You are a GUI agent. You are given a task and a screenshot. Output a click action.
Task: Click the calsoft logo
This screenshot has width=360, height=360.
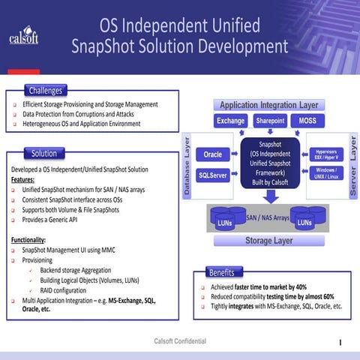tap(23, 37)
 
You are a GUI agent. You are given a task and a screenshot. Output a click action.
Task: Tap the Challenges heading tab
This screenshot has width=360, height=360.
tap(45, 91)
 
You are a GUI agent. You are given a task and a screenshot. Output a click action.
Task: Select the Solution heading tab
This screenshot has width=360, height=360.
tap(44, 153)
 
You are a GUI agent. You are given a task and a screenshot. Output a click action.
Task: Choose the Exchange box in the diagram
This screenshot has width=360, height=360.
tap(231, 121)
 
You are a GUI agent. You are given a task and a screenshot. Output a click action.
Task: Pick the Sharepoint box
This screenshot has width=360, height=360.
tap(270, 121)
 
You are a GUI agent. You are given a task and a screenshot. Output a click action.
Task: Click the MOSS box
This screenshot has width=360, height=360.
tap(307, 121)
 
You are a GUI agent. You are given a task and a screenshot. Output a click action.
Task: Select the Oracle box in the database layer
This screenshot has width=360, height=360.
tap(213, 154)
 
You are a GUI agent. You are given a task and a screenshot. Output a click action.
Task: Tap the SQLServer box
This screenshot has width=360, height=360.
tap(213, 175)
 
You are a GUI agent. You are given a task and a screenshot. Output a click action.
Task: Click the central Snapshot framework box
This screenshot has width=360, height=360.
tap(270, 162)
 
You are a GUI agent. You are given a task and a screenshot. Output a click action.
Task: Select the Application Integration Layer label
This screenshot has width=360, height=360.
tap(268, 105)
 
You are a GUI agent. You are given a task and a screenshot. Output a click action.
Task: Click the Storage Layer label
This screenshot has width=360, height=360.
tap(268, 241)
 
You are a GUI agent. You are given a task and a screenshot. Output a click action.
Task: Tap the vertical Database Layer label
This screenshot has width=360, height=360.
tap(188, 165)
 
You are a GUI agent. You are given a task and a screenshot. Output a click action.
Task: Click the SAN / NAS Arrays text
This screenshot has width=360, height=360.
tap(268, 217)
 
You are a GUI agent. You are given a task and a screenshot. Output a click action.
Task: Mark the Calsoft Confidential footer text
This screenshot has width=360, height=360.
tap(180, 341)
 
